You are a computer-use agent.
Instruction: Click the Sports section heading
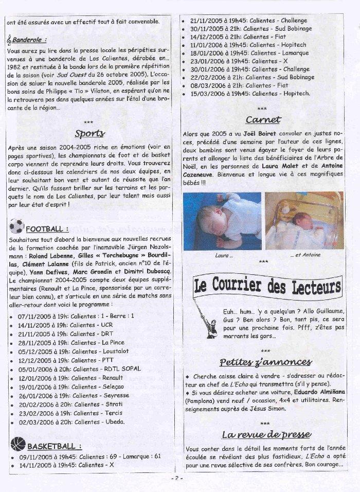[89, 133]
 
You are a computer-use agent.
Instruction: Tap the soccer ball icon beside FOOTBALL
[16, 226]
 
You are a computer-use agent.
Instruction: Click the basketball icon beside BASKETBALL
[17, 444]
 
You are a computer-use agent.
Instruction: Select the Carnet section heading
[263, 120]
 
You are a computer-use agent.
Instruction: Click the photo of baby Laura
[222, 222]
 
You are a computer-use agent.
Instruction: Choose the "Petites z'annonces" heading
[264, 362]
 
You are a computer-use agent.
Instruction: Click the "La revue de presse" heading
[264, 435]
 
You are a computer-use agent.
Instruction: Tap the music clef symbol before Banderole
[10, 39]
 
